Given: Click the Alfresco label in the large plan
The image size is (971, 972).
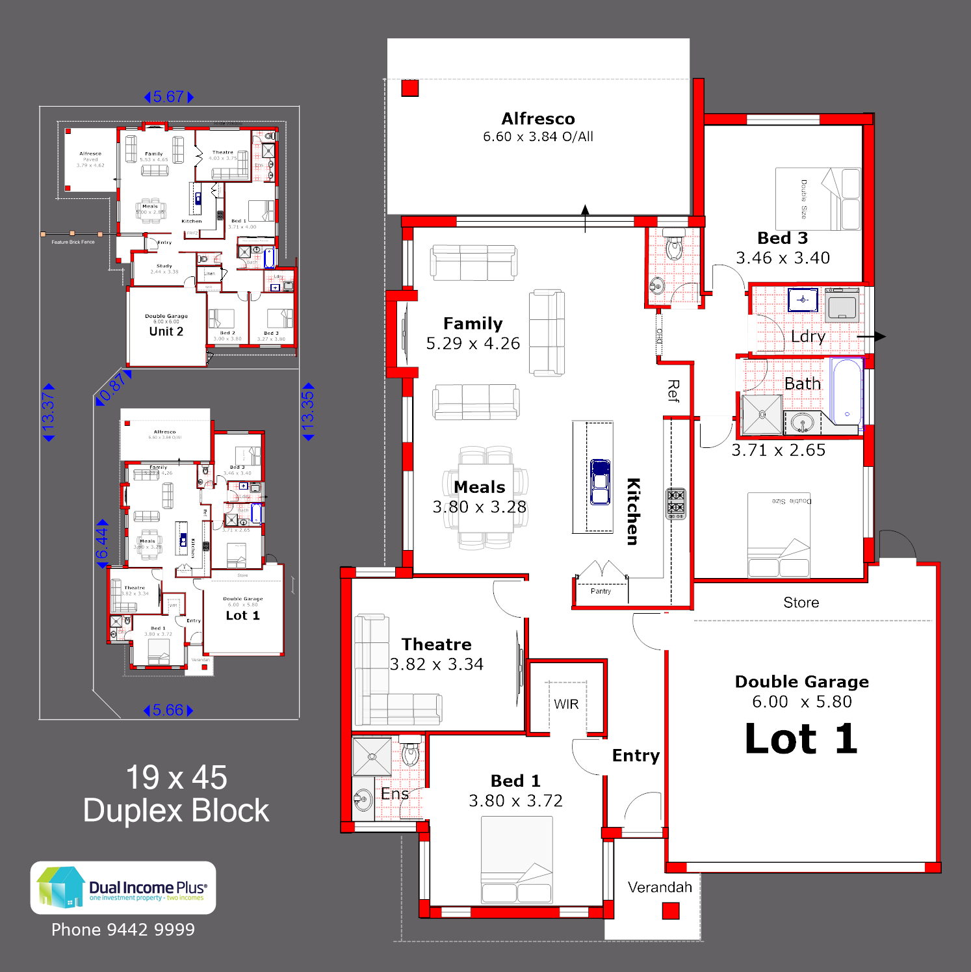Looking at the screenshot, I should click(538, 119).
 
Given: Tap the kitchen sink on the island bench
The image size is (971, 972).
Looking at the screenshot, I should click(600, 482).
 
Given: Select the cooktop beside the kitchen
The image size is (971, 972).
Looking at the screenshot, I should click(676, 503).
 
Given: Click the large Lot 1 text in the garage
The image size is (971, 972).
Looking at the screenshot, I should click(801, 739).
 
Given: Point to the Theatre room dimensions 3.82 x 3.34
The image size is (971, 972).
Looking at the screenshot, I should click(437, 664).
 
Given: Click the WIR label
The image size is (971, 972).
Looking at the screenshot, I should click(566, 704).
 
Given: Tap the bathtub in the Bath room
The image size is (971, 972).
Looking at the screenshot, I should click(847, 393).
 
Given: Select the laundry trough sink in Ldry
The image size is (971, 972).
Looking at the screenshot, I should click(803, 300).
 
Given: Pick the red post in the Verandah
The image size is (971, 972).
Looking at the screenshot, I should click(671, 911).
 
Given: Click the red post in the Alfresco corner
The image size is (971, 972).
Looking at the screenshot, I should click(410, 88).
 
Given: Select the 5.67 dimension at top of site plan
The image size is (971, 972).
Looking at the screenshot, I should click(168, 97).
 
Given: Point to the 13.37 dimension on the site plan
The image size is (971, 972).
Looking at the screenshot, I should click(48, 412).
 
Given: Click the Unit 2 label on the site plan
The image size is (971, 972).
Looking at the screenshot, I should click(166, 332).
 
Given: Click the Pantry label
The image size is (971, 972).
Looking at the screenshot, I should click(601, 591).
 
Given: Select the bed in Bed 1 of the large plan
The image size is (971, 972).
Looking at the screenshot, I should click(517, 860).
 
